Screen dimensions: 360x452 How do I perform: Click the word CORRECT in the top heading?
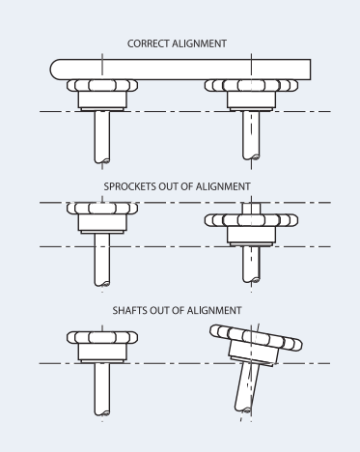(148, 43)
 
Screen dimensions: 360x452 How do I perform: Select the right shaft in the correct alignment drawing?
(251, 135)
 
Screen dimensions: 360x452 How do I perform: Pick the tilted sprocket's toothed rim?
(256, 337)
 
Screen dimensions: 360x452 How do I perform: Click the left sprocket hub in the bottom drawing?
(102, 352)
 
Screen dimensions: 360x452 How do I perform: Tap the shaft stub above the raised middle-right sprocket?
(251, 209)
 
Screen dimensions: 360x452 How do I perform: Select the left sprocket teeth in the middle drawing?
(102, 209)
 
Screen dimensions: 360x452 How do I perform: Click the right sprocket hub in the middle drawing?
(251, 235)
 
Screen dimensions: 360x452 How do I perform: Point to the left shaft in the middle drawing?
(102, 259)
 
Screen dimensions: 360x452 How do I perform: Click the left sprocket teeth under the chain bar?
(102, 85)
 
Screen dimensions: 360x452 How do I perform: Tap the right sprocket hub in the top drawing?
(251, 99)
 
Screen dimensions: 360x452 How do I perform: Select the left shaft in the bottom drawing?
(102, 389)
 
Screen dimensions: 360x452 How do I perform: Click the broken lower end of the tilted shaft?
(243, 410)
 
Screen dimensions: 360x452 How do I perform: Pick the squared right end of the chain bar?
(310, 70)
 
